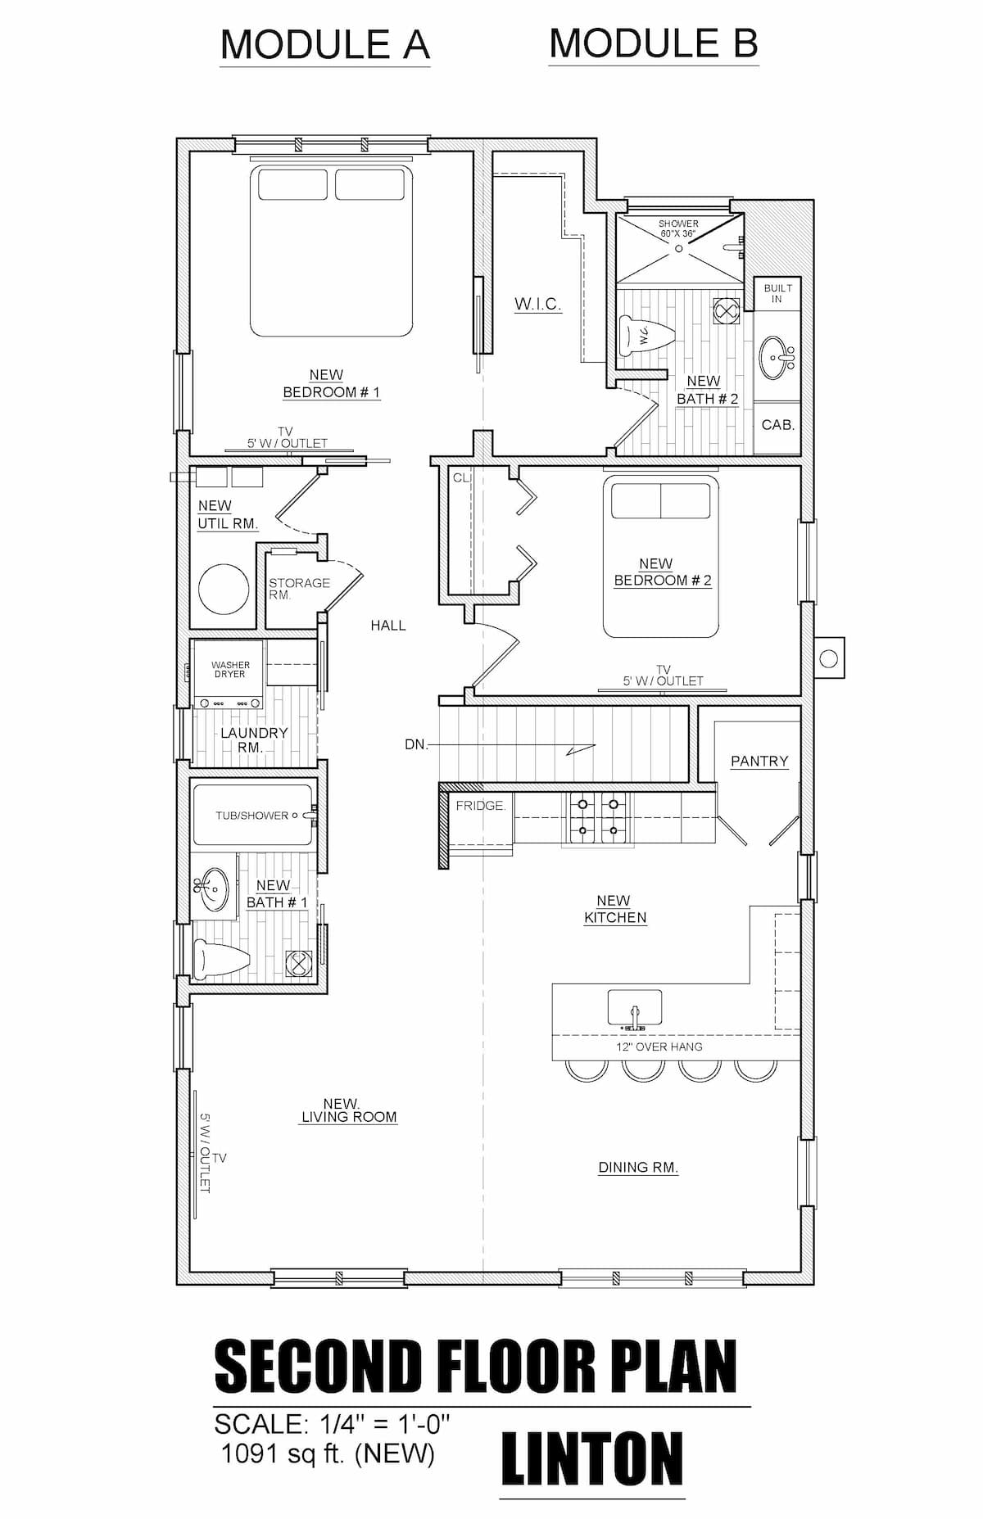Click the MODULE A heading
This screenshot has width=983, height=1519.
(x=325, y=44)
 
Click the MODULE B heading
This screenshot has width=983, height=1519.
(x=654, y=43)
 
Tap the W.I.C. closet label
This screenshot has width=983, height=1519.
(x=538, y=305)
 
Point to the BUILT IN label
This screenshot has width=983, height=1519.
(x=777, y=293)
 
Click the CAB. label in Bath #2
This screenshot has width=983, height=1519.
(x=777, y=425)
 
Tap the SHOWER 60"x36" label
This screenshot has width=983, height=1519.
(x=678, y=228)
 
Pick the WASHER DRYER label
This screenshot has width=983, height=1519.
(x=230, y=670)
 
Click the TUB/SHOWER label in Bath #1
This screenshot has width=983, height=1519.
(x=252, y=816)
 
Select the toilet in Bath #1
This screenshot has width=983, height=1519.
(x=221, y=958)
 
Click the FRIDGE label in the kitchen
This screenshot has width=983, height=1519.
(x=481, y=806)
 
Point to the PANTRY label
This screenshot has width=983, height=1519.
(x=759, y=762)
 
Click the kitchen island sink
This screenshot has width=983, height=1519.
(x=635, y=1008)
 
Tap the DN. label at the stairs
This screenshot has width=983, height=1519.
(x=417, y=745)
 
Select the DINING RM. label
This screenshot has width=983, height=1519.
(x=638, y=1168)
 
